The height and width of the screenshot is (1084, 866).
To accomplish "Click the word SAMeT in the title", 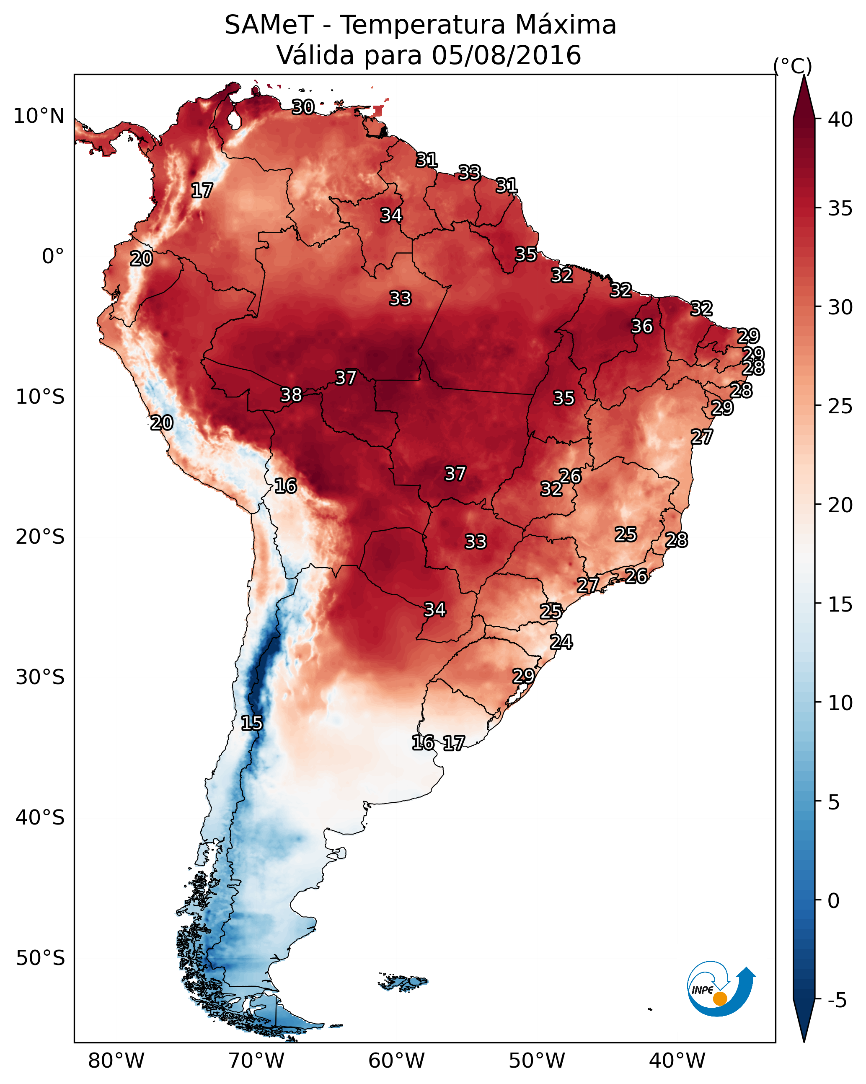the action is click(x=269, y=25).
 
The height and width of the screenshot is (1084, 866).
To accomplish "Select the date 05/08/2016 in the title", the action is click(x=506, y=55).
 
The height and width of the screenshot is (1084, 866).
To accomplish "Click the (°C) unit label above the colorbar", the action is click(x=793, y=66).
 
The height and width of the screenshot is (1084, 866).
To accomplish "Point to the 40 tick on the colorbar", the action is click(x=840, y=119).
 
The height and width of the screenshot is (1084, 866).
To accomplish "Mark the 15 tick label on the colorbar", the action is click(x=840, y=605).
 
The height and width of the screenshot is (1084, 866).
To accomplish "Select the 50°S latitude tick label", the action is click(x=40, y=958).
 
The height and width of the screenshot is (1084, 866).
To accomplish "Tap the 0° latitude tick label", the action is click(x=53, y=257).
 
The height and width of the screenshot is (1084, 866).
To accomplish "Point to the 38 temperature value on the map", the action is click(x=291, y=395).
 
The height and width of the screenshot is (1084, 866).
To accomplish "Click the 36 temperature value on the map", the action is click(x=642, y=326).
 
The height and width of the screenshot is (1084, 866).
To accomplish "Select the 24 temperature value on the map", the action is click(x=561, y=642).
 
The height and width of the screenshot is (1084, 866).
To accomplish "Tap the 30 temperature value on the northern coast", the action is click(x=303, y=107).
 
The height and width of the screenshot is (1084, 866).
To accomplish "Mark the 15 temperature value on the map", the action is click(x=252, y=723).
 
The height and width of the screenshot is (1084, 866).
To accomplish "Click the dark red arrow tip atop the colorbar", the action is click(x=804, y=76).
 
